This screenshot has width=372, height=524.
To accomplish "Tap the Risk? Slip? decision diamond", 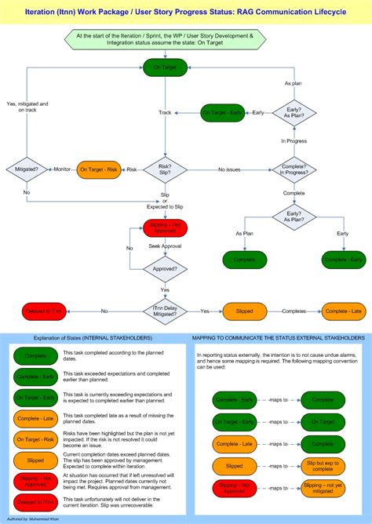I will [164, 169].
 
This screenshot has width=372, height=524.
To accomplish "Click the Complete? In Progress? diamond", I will [294, 169].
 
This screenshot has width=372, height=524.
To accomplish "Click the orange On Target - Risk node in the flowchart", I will [98, 169].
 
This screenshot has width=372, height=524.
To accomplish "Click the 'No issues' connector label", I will [229, 169].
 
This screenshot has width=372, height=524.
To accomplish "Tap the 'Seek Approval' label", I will [164, 247].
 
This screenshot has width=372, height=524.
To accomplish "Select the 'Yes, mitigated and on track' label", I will [27, 107].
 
